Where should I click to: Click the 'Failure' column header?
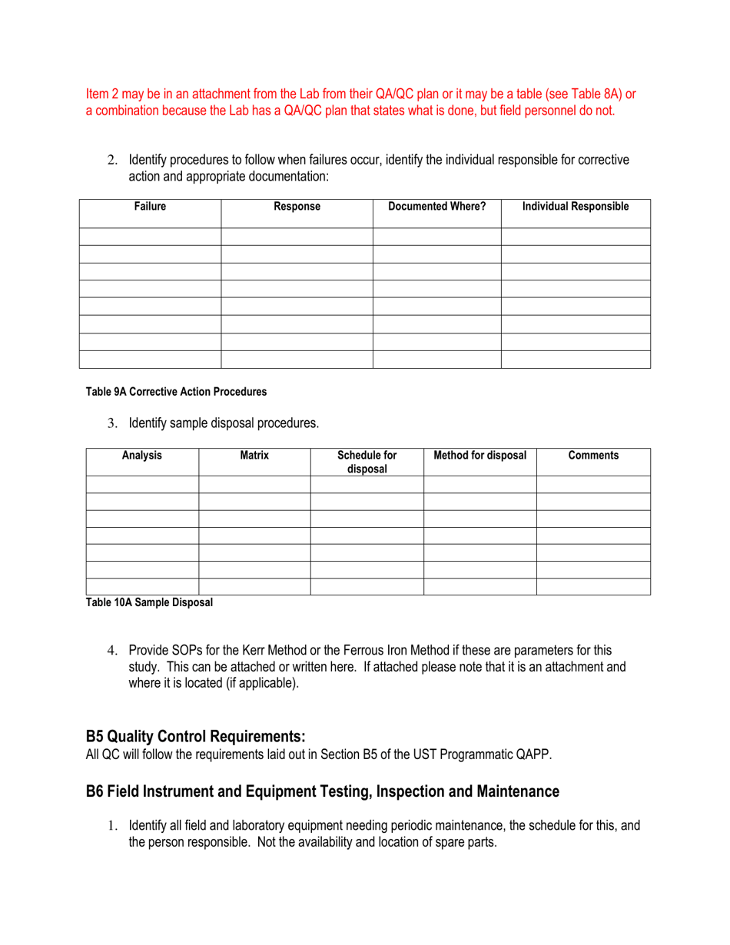coord(150,206)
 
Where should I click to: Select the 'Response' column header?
coord(297,206)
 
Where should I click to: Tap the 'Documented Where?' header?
coord(436,206)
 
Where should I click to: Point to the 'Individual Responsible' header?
coord(576,206)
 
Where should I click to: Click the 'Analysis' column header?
coord(142,455)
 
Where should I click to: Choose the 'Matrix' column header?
coord(254,455)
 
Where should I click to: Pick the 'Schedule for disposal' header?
coord(367,462)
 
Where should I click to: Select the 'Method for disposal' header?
coord(480,455)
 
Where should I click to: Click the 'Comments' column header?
coord(593,455)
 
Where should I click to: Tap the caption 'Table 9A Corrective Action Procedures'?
coord(177,392)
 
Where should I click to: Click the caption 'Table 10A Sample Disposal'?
coord(149,602)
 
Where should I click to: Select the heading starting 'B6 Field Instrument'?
coord(322,791)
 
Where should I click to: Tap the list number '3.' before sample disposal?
coord(111,423)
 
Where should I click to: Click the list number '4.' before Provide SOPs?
coord(111,651)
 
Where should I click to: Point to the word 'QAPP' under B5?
coord(535,754)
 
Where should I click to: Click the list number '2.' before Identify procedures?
coord(111,161)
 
